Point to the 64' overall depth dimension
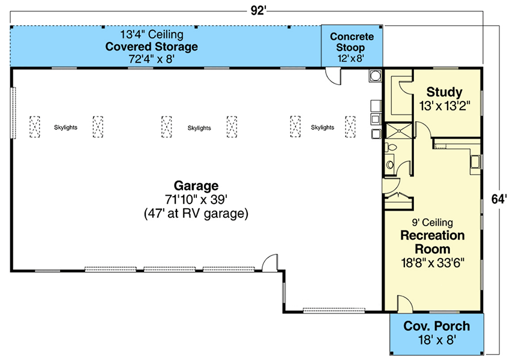499,199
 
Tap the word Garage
196,185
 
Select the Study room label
444,92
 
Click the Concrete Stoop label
352,42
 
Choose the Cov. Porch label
436,326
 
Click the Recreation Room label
433,241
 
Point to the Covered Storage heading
151,47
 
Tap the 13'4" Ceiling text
151,34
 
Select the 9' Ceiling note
433,223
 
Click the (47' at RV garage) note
196,213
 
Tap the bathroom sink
389,163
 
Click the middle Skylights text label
199,128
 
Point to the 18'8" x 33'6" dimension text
433,262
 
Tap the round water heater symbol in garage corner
376,76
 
